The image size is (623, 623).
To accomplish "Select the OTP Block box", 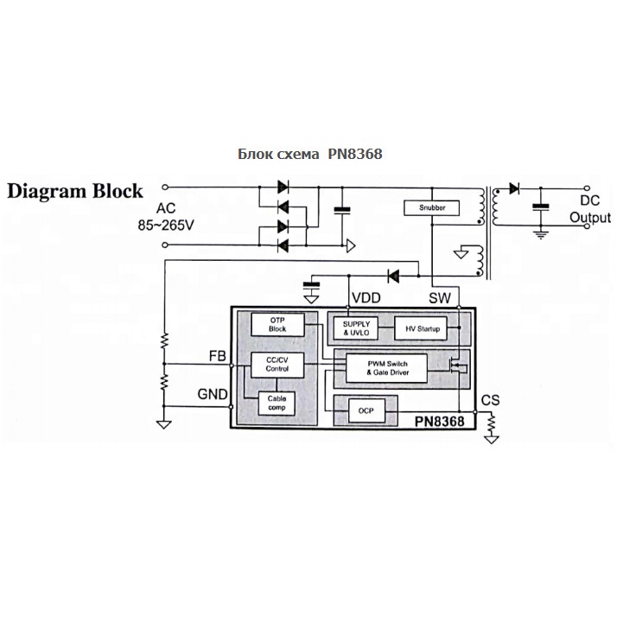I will [277, 324].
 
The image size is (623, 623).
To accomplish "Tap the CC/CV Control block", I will [277, 364].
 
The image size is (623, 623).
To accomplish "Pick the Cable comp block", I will [277, 402].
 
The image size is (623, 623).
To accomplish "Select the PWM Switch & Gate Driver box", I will [388, 368].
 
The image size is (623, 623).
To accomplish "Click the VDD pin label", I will [366, 298].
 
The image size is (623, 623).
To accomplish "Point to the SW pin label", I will [441, 298].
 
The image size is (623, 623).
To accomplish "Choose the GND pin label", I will [213, 395].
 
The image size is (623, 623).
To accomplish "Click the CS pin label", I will [490, 399].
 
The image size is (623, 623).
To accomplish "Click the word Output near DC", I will [589, 218].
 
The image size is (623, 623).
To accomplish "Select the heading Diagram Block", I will [76, 191].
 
